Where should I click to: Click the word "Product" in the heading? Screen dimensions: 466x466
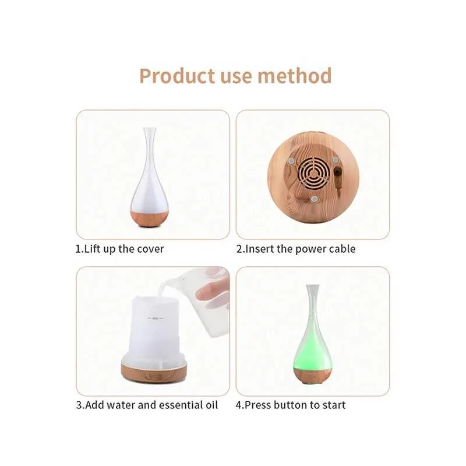pyautogui.click(x=177, y=76)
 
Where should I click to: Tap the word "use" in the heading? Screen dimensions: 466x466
pyautogui.click(x=236, y=77)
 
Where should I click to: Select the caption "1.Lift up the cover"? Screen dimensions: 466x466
pyautogui.click(x=119, y=249)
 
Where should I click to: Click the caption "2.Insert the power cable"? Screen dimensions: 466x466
pyautogui.click(x=296, y=249)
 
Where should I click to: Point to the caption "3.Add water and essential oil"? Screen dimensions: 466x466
pyautogui.click(x=147, y=405)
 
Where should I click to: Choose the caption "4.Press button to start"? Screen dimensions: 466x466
pyautogui.click(x=291, y=405)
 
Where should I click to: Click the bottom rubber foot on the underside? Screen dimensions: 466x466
pyautogui.click(x=314, y=199)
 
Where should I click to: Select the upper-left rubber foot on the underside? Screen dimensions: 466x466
pyautogui.click(x=291, y=161)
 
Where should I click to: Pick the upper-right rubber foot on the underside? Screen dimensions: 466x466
pyautogui.click(x=336, y=160)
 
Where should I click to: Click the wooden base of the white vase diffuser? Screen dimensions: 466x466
pyautogui.click(x=150, y=219)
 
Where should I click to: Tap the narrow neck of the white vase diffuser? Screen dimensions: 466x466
pyautogui.click(x=150, y=149)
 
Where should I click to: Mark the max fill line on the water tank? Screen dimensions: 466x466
pyautogui.click(x=155, y=318)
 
